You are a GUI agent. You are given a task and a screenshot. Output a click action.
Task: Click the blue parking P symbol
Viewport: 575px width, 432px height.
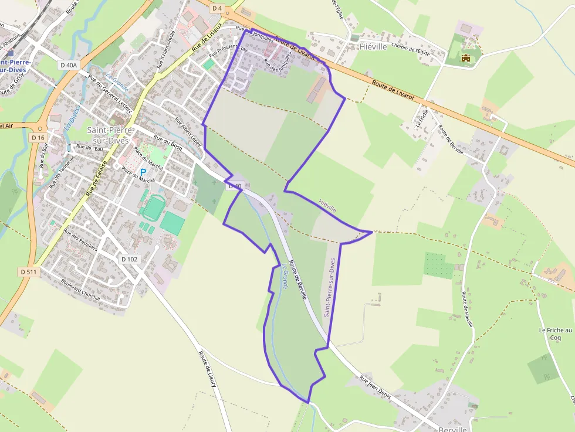pyautogui.click(x=143, y=172)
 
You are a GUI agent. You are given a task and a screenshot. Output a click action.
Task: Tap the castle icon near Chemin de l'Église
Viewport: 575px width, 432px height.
pyautogui.click(x=466, y=58)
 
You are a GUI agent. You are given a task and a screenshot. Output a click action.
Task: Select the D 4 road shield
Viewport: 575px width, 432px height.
pyautogui.click(x=217, y=8)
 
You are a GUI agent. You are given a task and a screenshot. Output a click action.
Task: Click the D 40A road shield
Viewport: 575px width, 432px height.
pyautogui.click(x=69, y=65)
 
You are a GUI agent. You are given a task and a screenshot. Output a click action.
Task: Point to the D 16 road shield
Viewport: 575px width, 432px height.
pyautogui.click(x=38, y=137)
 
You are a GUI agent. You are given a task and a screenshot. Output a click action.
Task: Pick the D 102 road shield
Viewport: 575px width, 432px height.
pyautogui.click(x=130, y=258)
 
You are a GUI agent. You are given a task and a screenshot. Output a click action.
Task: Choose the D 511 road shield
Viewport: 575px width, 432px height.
pyautogui.click(x=29, y=271)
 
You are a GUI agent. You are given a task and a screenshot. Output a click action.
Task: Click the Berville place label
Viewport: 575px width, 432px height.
pyautogui.click(x=452, y=428)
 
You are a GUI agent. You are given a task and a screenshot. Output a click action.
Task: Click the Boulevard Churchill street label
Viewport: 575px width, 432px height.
pyautogui.click(x=80, y=290)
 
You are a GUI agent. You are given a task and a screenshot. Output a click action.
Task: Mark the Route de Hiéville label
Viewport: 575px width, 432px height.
pyautogui.click(x=467, y=309)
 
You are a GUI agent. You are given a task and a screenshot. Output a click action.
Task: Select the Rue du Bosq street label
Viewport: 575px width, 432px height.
pyautogui.click(x=168, y=144)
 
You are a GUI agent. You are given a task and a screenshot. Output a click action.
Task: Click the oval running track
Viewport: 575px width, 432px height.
pyautogui.click(x=153, y=208)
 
